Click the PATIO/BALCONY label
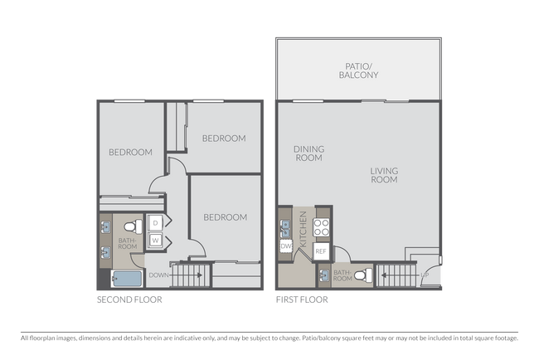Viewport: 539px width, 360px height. click(x=358, y=70)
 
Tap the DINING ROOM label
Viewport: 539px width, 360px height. click(x=308, y=153)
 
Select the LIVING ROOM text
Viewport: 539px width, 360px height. click(x=384, y=175)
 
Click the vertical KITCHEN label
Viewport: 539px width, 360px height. click(x=304, y=227)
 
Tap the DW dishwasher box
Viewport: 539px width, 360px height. click(x=285, y=246)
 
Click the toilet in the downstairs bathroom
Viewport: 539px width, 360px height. click(x=362, y=275)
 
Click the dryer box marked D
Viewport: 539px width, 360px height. click(x=155, y=223)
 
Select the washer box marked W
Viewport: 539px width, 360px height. click(x=155, y=241)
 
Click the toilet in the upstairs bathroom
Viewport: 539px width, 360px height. click(x=129, y=226)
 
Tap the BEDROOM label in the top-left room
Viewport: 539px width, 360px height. click(x=130, y=152)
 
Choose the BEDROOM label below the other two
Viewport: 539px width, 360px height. click(x=225, y=217)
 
